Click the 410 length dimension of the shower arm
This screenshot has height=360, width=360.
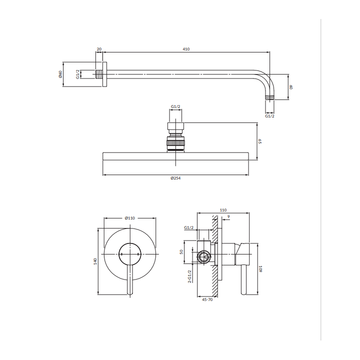pos(186,49)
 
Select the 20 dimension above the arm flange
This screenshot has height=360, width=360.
pos(99,49)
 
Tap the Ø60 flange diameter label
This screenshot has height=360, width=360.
pos(60,74)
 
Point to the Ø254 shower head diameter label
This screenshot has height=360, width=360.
pos(175,178)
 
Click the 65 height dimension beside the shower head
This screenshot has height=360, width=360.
pos(260,141)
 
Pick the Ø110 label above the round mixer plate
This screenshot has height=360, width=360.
pos(129,218)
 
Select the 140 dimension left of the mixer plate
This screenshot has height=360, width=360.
pos(95,261)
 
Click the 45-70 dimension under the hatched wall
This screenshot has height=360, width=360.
pos(207,299)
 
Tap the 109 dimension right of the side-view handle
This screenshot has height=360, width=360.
pos(260,269)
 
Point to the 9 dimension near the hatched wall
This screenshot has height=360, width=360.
pos(228,216)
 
